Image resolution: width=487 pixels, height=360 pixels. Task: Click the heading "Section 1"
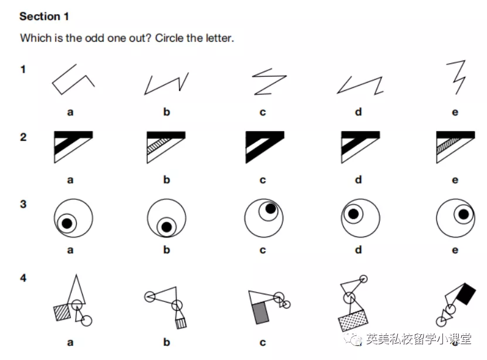pyautogui.click(x=44, y=16)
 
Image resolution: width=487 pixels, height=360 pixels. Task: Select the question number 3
pyautogui.click(x=23, y=204)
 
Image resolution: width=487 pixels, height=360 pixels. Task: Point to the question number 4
pyautogui.click(x=23, y=278)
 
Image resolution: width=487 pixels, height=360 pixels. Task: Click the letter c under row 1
pyautogui.click(x=263, y=113)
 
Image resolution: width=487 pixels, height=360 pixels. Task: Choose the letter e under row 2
pyautogui.click(x=455, y=180)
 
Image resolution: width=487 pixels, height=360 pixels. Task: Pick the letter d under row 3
pyautogui.click(x=359, y=249)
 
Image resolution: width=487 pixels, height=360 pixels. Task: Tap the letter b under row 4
pyautogui.click(x=167, y=342)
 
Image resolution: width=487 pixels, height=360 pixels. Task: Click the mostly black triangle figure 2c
pyautogui.click(x=265, y=147)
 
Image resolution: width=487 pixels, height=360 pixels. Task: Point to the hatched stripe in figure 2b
pyautogui.click(x=158, y=145)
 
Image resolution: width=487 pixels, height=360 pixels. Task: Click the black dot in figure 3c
pyautogui.click(x=270, y=209)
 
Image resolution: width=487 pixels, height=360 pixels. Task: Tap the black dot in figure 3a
pyautogui.click(x=67, y=223)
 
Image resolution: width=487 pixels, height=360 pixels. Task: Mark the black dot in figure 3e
pyautogui.click(x=464, y=214)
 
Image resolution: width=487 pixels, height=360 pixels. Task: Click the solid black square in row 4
pyautogui.click(x=466, y=294)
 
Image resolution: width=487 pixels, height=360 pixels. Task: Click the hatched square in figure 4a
pyautogui.click(x=62, y=313)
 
